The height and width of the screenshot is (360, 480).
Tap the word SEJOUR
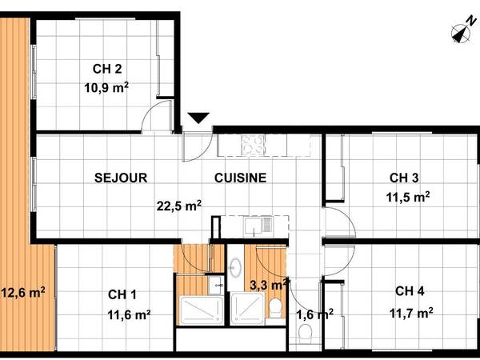point(120,178)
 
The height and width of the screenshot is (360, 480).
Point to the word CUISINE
point(240,178)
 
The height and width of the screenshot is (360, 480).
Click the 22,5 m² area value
point(179,206)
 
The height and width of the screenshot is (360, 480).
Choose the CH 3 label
point(404,178)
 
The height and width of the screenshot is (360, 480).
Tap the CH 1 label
point(122,295)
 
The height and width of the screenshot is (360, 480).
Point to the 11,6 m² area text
point(130,314)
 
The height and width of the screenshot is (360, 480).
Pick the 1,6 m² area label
point(314,314)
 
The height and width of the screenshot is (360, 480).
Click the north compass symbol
point(461,33)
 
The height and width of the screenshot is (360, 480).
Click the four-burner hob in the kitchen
point(254,144)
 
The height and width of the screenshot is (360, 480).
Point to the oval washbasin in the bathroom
point(236,269)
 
